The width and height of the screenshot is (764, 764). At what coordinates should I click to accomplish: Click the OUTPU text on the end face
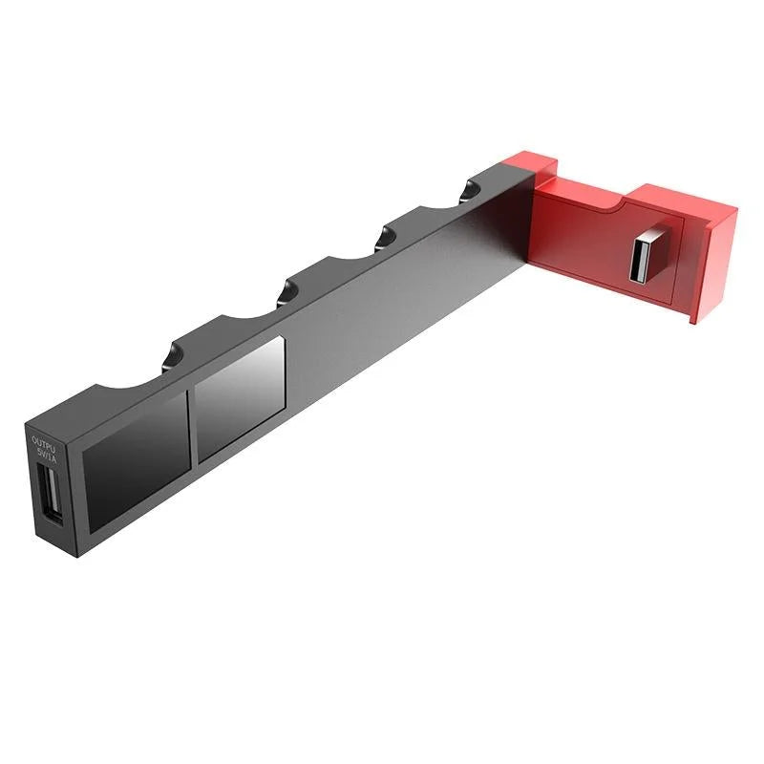[x=44, y=442]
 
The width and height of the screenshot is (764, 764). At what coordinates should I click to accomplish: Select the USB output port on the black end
[x=50, y=495]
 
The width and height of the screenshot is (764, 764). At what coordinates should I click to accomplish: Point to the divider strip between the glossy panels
[x=192, y=424]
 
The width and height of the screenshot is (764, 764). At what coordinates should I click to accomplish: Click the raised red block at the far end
[x=684, y=205]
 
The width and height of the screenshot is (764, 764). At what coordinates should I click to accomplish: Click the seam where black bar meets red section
[x=524, y=229]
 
